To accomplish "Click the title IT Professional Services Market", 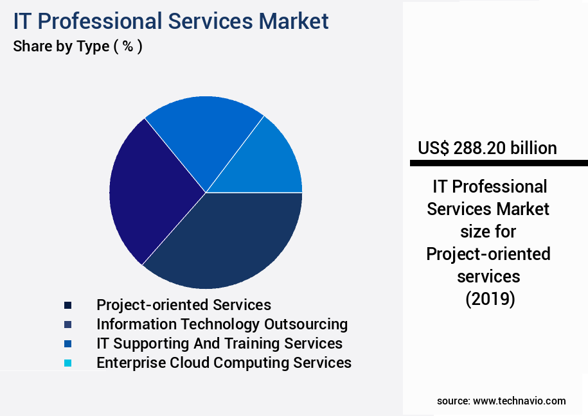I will click(170, 21).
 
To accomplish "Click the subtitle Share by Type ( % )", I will click(77, 47).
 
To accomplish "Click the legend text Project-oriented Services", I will click(184, 305).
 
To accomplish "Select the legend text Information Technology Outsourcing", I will click(222, 324).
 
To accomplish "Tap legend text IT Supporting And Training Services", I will click(219, 343).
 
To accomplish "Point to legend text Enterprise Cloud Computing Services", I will click(224, 363).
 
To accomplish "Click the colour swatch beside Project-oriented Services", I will click(67, 306).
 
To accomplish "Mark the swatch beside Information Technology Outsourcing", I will click(67, 325).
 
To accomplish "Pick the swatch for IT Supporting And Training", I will click(67, 344).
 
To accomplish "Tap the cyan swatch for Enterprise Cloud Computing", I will click(67, 363).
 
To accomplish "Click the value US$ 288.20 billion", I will click(487, 148).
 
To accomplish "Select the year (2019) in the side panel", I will click(489, 299).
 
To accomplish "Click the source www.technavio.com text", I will click(501, 401).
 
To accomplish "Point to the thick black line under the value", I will click(499, 164).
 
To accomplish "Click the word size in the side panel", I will click(488, 232).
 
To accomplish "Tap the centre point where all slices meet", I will click(206, 193).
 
